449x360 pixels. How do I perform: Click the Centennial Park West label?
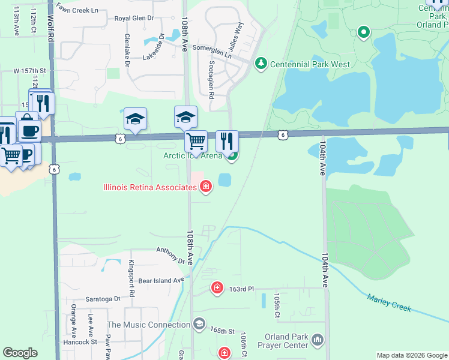310,64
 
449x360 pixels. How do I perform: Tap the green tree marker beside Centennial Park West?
261,63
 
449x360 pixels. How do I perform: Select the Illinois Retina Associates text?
150,187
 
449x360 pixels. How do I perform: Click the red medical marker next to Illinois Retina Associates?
206,187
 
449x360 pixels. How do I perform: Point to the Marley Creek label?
389,302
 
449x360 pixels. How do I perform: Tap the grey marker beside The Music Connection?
199,325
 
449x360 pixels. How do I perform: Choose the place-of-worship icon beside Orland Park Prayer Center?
318,341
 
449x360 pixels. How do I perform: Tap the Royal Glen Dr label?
134,19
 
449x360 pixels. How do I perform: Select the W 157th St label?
29,71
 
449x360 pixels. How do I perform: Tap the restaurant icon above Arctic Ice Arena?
227,141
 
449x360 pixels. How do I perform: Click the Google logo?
20,353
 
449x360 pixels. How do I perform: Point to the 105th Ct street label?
277,306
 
